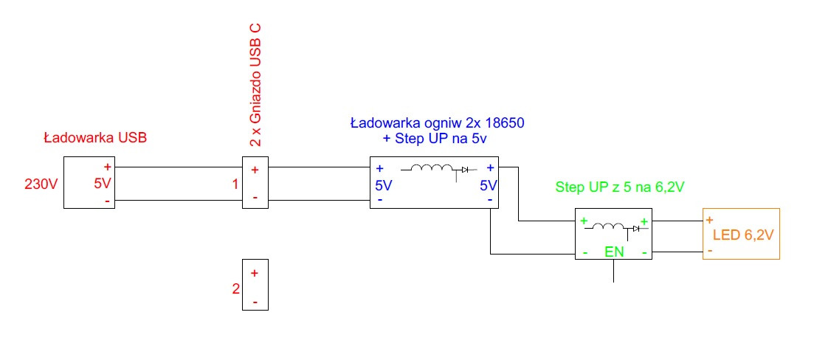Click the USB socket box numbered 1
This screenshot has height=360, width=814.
(255, 183)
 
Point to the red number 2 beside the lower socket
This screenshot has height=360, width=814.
(236, 288)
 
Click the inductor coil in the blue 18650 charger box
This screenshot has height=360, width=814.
(431, 169)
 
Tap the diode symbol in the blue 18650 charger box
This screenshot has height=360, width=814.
(465, 170)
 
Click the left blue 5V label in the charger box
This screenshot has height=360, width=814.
(384, 185)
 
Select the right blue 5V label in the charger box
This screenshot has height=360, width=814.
(488, 185)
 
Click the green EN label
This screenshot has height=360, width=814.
(613, 252)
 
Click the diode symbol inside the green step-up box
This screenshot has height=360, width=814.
(632, 229)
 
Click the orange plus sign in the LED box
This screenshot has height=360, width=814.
(709, 220)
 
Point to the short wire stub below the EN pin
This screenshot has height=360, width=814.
(613, 271)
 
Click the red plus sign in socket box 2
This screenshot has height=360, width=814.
(255, 273)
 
